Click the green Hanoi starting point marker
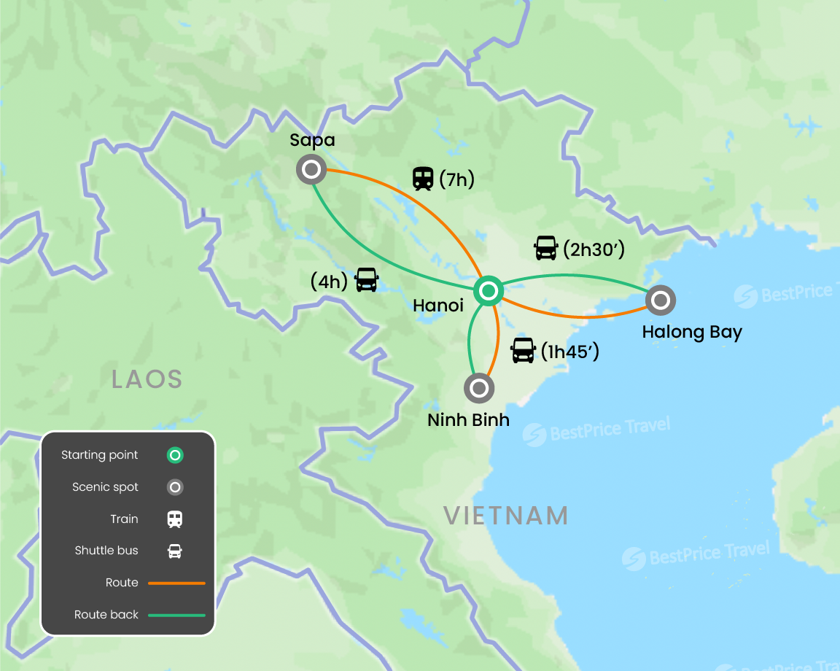click(488, 292)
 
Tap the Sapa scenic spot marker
click(311, 170)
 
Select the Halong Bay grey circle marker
click(661, 300)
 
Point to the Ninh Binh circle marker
click(479, 388)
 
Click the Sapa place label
click(312, 140)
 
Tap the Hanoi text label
click(437, 306)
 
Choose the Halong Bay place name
click(691, 333)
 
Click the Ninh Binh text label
click(468, 420)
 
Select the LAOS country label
click(147, 379)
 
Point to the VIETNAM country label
click(506, 516)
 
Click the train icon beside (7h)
click(422, 178)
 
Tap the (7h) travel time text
click(457, 179)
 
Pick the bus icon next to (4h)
click(367, 280)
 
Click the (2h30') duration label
click(594, 249)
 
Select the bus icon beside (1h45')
click(523, 351)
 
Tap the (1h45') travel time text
click(569, 352)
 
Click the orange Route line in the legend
click(176, 583)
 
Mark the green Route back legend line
click(176, 615)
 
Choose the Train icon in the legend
click(175, 519)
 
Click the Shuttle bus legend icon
click(175, 551)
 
